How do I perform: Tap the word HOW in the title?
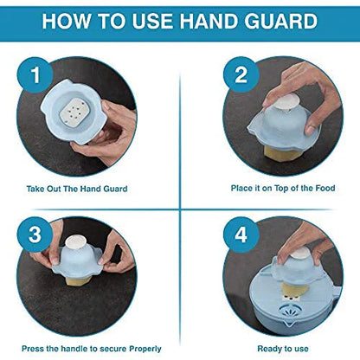pos(67,21)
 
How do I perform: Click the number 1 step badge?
pos(35,74)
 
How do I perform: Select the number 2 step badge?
pos(241,74)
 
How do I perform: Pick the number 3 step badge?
pos(35,235)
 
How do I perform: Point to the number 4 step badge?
pos(241,235)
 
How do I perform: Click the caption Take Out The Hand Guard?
pos(77,189)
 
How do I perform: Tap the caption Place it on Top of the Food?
pos(283,188)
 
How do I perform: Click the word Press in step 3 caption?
pos(33,349)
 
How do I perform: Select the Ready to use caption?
pos(283,349)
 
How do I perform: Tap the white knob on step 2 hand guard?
pos(286,103)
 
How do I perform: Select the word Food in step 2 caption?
pos(325,188)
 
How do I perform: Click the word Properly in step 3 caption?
pos(145,349)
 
